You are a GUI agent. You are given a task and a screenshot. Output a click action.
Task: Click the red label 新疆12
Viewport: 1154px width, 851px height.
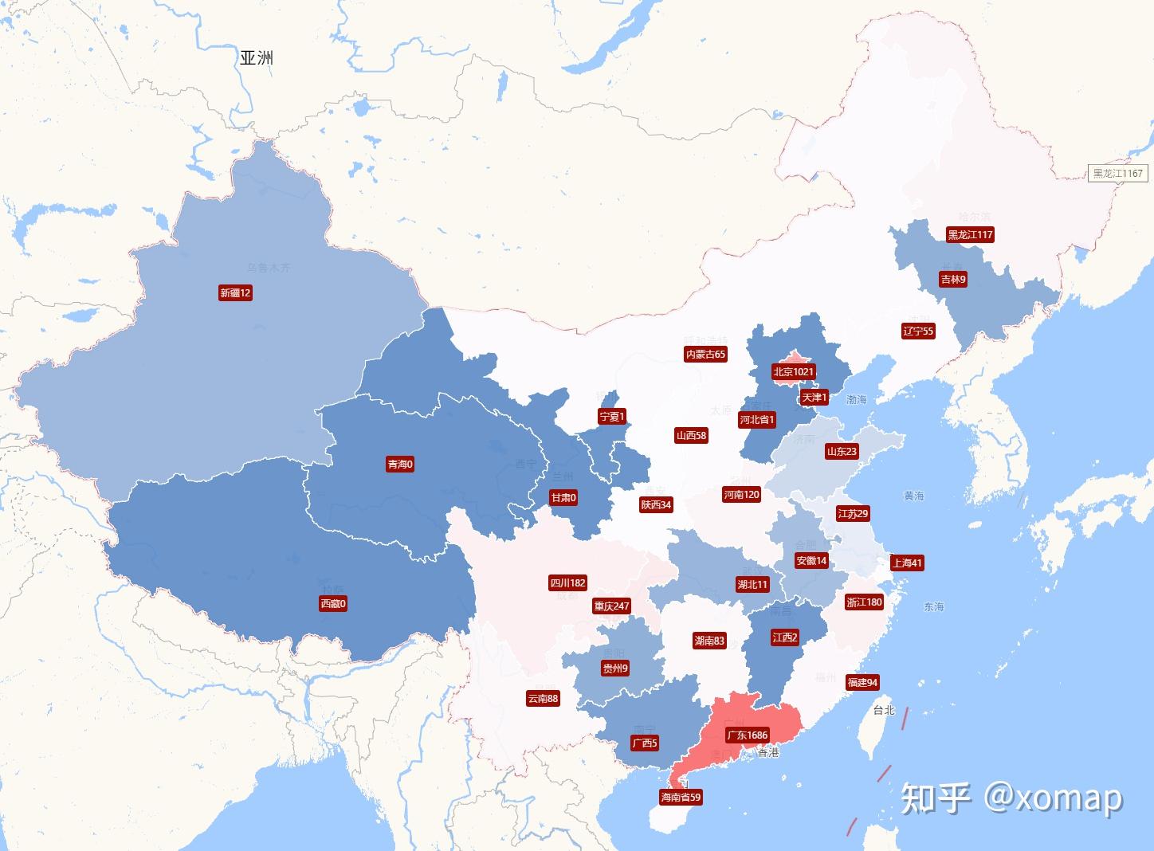pyautogui.click(x=235, y=293)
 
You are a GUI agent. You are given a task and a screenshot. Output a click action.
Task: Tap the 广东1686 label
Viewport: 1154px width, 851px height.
pyautogui.click(x=747, y=735)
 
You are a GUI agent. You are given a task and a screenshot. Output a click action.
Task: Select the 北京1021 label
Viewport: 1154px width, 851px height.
pyautogui.click(x=793, y=371)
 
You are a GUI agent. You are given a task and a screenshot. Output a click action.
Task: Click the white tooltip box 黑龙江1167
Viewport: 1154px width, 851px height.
pyautogui.click(x=1117, y=173)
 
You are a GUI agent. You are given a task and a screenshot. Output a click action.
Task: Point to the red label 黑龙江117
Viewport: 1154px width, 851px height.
pyautogui.click(x=970, y=234)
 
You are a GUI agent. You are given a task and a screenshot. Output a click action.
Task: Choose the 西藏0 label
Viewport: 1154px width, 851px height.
pyautogui.click(x=333, y=604)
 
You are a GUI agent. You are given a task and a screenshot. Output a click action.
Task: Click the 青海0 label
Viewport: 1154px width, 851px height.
pyautogui.click(x=400, y=464)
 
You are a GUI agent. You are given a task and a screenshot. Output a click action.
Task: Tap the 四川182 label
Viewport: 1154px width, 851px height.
pyautogui.click(x=567, y=582)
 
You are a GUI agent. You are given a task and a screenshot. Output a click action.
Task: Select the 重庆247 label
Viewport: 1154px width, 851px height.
pyautogui.click(x=611, y=606)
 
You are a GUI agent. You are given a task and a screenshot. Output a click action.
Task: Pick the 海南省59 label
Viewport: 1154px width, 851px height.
pyautogui.click(x=681, y=797)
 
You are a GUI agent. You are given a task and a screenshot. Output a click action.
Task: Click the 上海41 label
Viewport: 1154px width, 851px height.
pyautogui.click(x=907, y=563)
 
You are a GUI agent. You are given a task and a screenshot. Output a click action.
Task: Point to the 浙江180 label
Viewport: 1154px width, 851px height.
pyautogui.click(x=864, y=602)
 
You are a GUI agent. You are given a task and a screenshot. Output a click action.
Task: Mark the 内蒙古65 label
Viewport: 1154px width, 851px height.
pyautogui.click(x=705, y=354)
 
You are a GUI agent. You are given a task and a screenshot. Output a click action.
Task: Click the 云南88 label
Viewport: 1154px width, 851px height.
pyautogui.click(x=543, y=698)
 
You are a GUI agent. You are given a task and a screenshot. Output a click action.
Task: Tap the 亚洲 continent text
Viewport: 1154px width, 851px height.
pyautogui.click(x=257, y=57)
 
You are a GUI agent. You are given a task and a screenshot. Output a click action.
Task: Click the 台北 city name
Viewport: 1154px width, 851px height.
pyautogui.click(x=884, y=710)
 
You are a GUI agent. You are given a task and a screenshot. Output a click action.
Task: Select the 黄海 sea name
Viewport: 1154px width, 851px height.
pyautogui.click(x=914, y=496)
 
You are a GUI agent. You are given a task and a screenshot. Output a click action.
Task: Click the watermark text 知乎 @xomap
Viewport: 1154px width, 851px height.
pyautogui.click(x=1011, y=798)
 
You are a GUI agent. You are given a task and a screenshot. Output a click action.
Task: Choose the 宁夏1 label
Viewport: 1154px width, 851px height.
pyautogui.click(x=612, y=416)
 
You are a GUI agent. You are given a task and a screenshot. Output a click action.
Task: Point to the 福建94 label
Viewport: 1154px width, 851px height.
pyautogui.click(x=862, y=682)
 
